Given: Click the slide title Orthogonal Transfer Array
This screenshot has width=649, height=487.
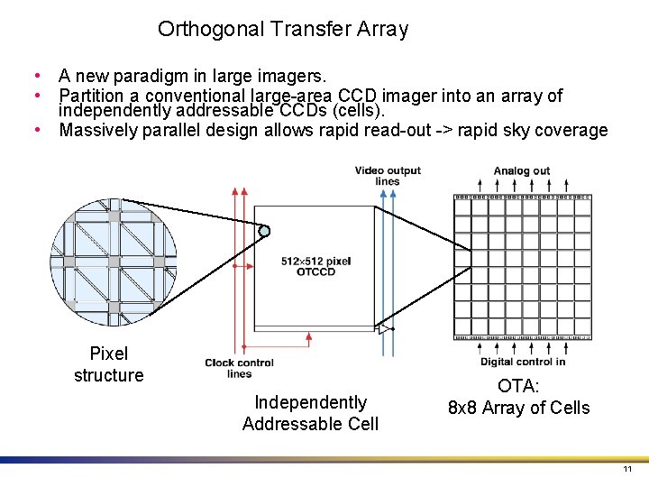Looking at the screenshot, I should [x=283, y=29].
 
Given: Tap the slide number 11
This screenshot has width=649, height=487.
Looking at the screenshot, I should [x=627, y=470].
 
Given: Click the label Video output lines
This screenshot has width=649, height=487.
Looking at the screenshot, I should [x=388, y=176].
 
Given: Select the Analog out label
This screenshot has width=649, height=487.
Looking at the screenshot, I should [x=522, y=171].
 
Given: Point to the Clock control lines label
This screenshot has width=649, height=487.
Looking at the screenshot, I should [x=239, y=368].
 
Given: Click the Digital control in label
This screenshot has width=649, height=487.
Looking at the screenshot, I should [x=523, y=363].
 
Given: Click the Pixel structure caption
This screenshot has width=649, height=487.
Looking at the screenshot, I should [x=109, y=364].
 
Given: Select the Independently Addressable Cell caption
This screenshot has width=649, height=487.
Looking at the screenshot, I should [x=310, y=413].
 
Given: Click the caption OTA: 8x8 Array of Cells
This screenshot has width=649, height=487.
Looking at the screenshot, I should [x=519, y=397].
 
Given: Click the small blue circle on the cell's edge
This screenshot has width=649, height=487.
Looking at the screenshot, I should [x=264, y=231].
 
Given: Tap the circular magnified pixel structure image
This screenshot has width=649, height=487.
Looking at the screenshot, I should [x=114, y=262].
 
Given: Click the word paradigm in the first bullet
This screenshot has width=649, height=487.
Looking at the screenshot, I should [x=143, y=76].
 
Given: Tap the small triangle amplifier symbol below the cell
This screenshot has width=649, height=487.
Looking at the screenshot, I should [x=383, y=329].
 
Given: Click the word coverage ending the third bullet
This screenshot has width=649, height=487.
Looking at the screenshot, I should [x=574, y=130].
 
